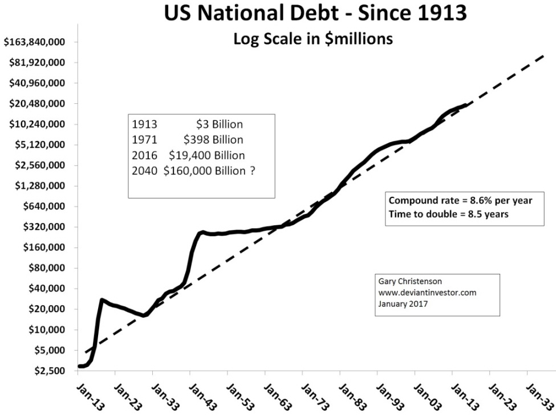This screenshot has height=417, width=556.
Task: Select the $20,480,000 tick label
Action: [35, 104]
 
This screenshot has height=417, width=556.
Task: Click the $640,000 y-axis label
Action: [40, 207]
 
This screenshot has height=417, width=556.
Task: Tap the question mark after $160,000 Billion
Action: [252, 171]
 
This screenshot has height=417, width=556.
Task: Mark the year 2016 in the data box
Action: [142, 155]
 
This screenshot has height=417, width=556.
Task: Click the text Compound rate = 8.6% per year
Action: [463, 201]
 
